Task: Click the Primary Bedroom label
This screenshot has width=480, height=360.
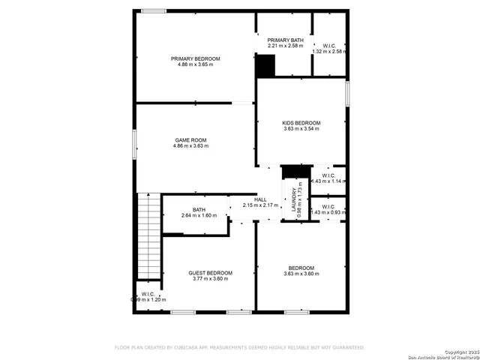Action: [x=195, y=58]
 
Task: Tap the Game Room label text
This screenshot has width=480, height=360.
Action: [x=191, y=140]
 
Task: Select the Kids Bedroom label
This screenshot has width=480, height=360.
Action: [x=301, y=123]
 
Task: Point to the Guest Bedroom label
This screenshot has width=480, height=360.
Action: [x=210, y=273]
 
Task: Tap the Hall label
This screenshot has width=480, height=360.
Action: [x=260, y=199]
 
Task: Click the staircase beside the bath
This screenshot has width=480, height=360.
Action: [x=149, y=235]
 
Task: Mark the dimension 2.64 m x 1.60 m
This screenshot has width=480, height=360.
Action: [x=199, y=216]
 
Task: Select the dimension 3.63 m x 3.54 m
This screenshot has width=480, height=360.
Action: [x=301, y=129]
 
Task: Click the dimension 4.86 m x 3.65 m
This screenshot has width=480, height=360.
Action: [x=195, y=64]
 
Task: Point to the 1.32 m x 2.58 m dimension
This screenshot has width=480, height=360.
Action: [x=329, y=52]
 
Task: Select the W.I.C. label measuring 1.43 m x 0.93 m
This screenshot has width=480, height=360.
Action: [x=328, y=206]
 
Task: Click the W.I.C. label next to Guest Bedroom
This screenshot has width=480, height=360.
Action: [x=148, y=294]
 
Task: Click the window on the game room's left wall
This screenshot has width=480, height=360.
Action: [x=136, y=143]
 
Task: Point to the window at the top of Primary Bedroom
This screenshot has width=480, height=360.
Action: [x=154, y=10]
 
